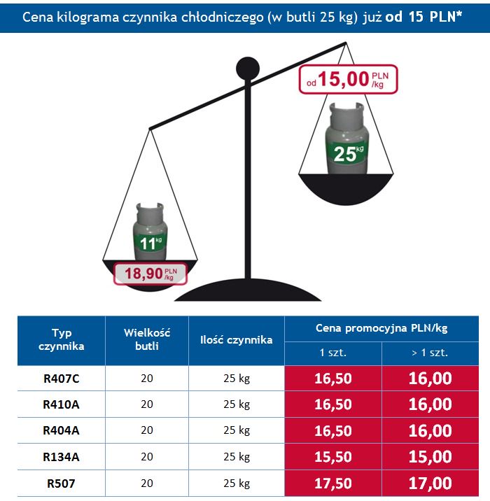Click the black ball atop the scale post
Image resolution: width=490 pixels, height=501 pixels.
pyautogui.click(x=247, y=68)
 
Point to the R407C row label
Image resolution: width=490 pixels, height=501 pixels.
pyautogui.click(x=62, y=379)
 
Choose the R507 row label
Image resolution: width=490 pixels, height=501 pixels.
pyautogui.click(x=62, y=483)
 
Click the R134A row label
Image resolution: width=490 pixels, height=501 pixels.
pyautogui.click(x=62, y=457)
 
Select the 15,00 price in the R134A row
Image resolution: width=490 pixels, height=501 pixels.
pyautogui.click(x=430, y=457)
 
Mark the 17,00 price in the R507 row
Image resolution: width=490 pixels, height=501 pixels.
pyautogui.click(x=430, y=483)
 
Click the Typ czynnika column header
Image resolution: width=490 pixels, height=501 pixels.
pyautogui.click(x=62, y=339)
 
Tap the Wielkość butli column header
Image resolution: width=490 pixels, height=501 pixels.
pyautogui.click(x=147, y=339)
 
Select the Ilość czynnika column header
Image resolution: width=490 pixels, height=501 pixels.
pyautogui.click(x=236, y=340)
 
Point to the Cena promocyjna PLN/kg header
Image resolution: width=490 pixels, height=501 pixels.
pyautogui.click(x=381, y=327)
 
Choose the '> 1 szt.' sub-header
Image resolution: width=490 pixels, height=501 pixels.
pyautogui.click(x=430, y=352)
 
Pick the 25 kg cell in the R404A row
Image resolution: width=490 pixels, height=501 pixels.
pyautogui.click(x=237, y=431)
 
